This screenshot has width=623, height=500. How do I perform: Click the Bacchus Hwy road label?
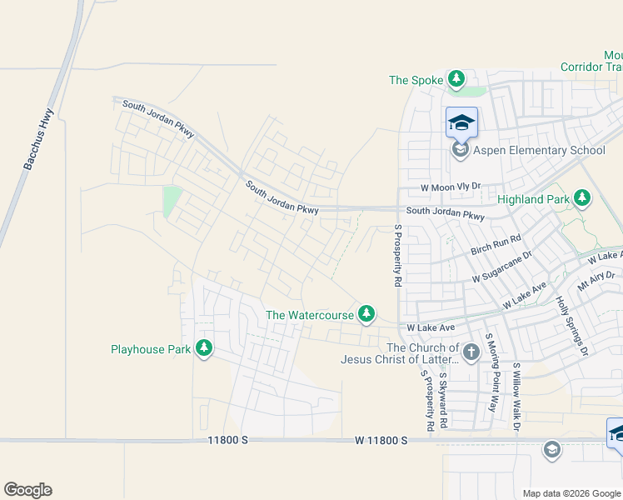(x=38, y=139)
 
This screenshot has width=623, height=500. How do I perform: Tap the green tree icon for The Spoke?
(x=456, y=79)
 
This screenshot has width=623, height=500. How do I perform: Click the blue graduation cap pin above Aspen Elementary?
(x=461, y=124)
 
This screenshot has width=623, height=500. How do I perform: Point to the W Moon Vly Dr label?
(x=451, y=187)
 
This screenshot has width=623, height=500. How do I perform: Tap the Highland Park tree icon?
(x=582, y=198)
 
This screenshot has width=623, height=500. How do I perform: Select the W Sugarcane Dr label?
(x=501, y=267)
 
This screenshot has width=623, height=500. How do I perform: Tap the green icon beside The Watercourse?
(x=365, y=314)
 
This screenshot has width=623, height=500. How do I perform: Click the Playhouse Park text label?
(x=151, y=349)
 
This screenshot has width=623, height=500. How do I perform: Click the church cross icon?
(x=471, y=352)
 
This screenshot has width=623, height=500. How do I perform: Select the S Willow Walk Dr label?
(x=517, y=397)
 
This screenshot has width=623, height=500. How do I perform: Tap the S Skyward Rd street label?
(x=443, y=400)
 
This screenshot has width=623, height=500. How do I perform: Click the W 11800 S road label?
(x=381, y=439)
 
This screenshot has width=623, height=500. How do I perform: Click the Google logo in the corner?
(x=27, y=490)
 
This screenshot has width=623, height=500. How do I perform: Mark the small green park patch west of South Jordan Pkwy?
(x=172, y=201)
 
